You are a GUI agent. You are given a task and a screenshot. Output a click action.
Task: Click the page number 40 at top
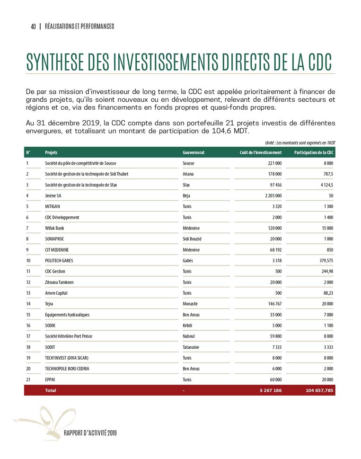tap(33, 26)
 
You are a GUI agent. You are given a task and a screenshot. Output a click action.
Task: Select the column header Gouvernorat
tap(193, 153)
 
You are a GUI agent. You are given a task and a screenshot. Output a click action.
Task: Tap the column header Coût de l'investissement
tap(257, 153)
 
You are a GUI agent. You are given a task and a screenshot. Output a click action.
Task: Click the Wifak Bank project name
tap(54, 228)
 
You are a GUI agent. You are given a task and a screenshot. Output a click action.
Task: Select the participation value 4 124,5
tap(324, 185)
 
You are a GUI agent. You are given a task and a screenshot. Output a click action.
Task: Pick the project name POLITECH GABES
tap(59, 261)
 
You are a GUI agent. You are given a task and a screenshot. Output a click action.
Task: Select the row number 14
tap(28, 304)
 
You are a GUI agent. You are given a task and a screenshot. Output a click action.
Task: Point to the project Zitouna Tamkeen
tap(59, 282)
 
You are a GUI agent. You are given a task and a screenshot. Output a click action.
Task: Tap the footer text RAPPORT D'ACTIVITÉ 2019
tap(90, 433)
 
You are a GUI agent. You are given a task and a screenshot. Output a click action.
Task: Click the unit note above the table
tap(300, 142)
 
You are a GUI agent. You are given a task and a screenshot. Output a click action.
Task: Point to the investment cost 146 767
tap(272, 304)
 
